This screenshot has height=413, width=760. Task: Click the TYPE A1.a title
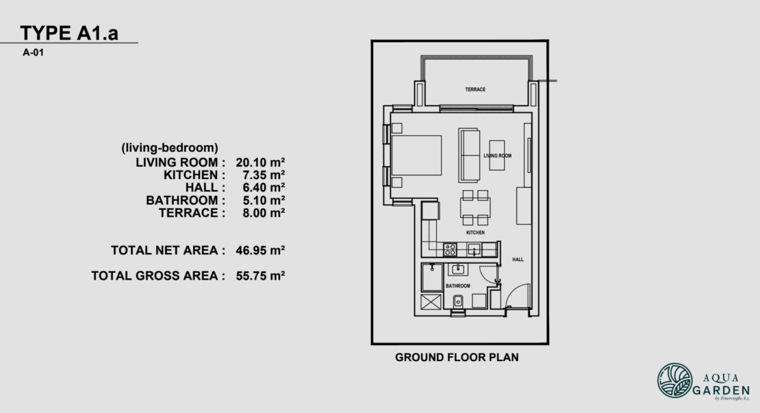(x=69, y=33)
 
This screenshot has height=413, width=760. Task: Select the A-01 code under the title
(x=34, y=51)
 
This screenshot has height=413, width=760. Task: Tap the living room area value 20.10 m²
(x=260, y=162)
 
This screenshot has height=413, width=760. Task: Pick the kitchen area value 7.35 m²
(x=260, y=175)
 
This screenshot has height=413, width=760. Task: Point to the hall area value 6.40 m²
(x=260, y=187)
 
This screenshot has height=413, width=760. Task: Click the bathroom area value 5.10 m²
(x=260, y=200)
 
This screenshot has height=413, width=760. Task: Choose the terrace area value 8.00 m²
(x=260, y=213)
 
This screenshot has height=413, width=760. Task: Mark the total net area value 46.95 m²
(x=260, y=250)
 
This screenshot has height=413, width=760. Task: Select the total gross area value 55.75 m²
(x=260, y=276)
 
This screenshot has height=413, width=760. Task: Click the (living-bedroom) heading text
(x=169, y=147)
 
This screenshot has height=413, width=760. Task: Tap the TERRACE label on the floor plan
(x=475, y=90)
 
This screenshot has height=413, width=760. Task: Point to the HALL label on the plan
(x=518, y=260)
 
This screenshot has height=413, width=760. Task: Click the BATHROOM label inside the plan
(x=458, y=286)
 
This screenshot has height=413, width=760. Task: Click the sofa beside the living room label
(x=469, y=153)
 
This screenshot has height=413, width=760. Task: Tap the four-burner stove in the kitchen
(x=451, y=250)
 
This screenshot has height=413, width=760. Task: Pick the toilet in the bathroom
(x=458, y=301)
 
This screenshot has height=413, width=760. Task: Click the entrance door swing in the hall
(x=516, y=296)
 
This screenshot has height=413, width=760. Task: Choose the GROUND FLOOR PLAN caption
(x=457, y=357)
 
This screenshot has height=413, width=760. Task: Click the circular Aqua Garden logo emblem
(x=674, y=381)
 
